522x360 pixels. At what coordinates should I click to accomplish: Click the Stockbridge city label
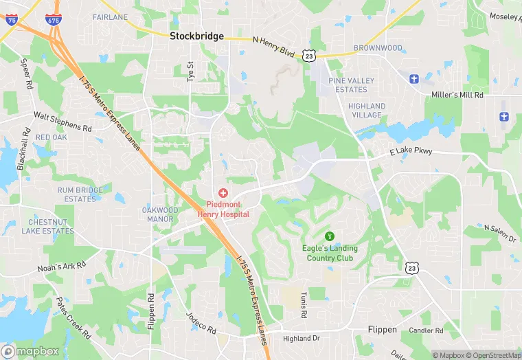[197, 36]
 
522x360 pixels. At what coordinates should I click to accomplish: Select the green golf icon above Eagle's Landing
[328, 236]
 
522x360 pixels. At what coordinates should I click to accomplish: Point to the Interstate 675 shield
[53, 19]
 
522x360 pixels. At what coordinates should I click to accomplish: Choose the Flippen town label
[382, 330]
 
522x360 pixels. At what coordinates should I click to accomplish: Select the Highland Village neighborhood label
[367, 111]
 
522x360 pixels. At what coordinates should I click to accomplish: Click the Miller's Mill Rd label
[457, 95]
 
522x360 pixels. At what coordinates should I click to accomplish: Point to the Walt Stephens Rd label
[63, 122]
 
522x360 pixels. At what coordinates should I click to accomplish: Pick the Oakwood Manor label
[160, 214]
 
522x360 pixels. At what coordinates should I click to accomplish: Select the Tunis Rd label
[303, 304]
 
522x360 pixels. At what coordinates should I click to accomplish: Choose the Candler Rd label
[427, 330]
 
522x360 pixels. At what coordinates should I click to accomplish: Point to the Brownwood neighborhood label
[378, 48]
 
